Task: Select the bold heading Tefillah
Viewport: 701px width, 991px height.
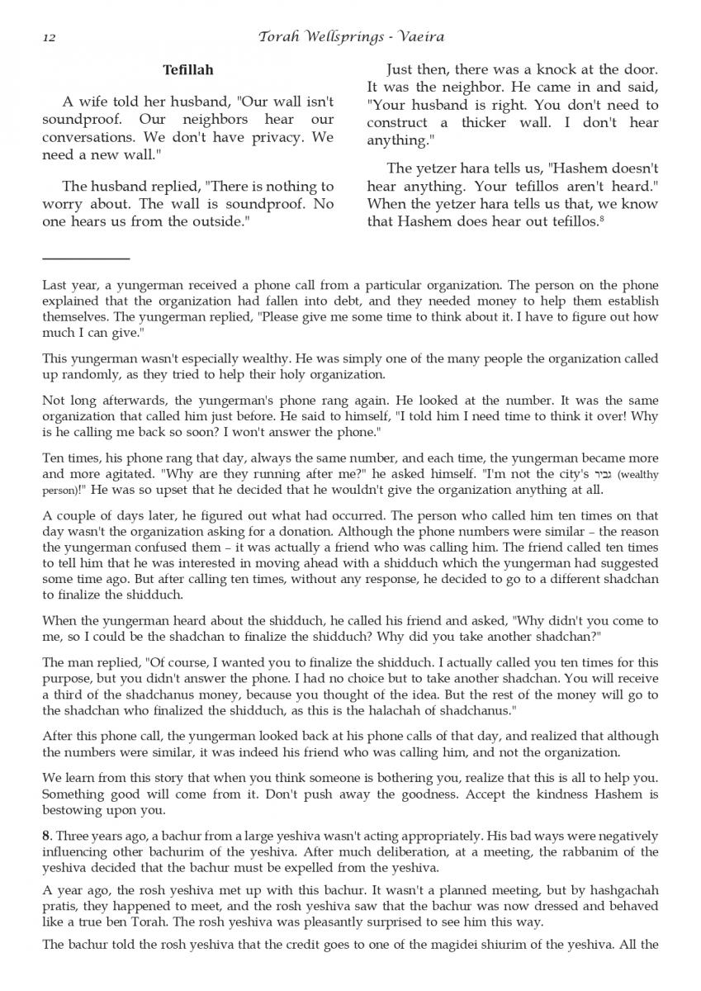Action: [x=188, y=71]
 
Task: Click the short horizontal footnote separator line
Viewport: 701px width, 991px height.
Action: [x=86, y=258]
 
